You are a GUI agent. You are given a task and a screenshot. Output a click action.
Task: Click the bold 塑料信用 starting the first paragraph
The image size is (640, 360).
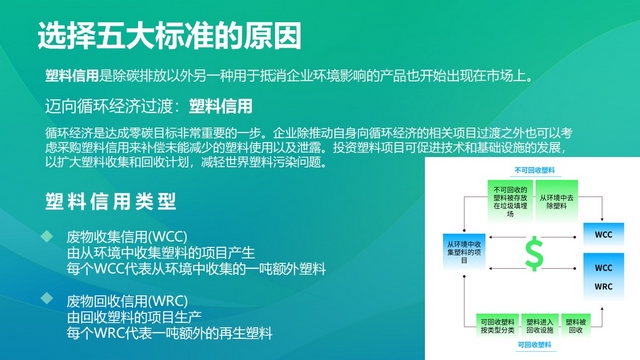[71, 75]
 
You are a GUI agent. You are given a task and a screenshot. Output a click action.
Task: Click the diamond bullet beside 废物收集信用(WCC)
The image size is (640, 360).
[46, 236]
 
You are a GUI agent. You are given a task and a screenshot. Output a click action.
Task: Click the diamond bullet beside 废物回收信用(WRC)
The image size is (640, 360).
[46, 300]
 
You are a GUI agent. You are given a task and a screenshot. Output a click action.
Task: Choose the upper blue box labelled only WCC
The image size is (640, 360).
[602, 234]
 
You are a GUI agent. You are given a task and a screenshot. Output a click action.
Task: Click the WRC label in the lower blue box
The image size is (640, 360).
[602, 287]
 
